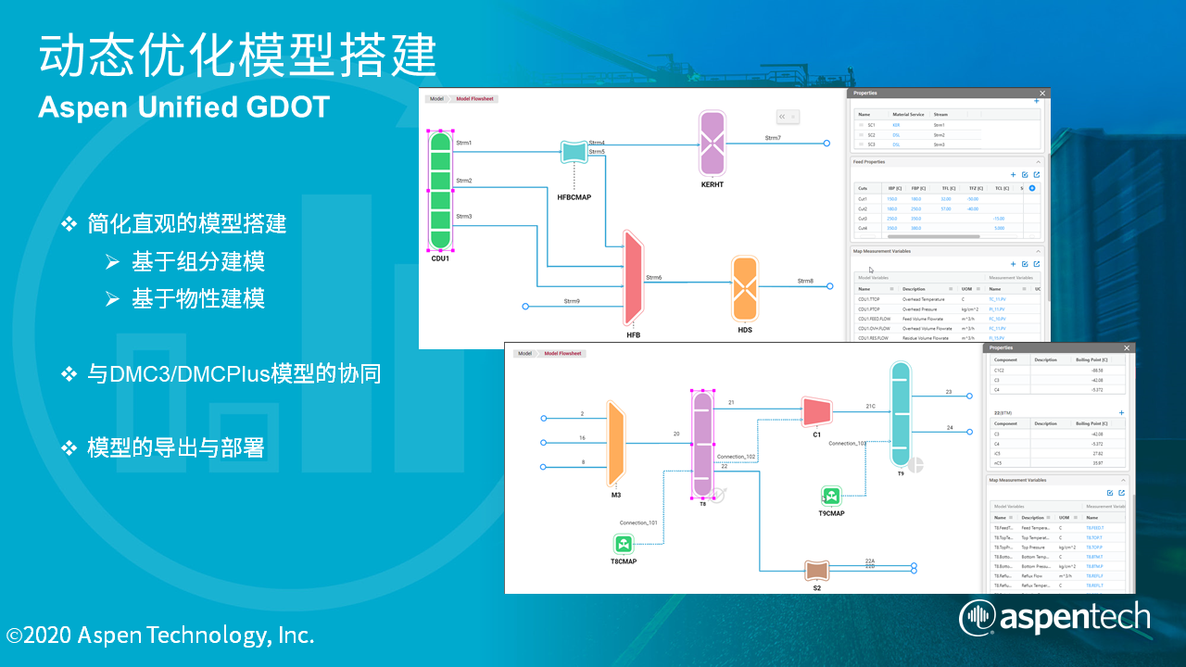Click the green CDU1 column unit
[x=440, y=190]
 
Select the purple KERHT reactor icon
[x=713, y=143]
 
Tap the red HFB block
[x=634, y=278]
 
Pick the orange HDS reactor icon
[x=745, y=289]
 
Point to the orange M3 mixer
[x=614, y=443]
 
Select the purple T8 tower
[x=702, y=445]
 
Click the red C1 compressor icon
[x=816, y=410]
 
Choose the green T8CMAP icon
[x=624, y=543]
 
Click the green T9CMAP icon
[x=831, y=497]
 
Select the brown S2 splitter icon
[x=816, y=570]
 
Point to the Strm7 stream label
[x=773, y=138]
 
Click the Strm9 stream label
[x=572, y=301]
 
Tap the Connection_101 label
[x=638, y=522]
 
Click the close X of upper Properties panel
[x=1041, y=94]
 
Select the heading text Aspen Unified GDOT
[x=183, y=107]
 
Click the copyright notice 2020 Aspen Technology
[x=160, y=636]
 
